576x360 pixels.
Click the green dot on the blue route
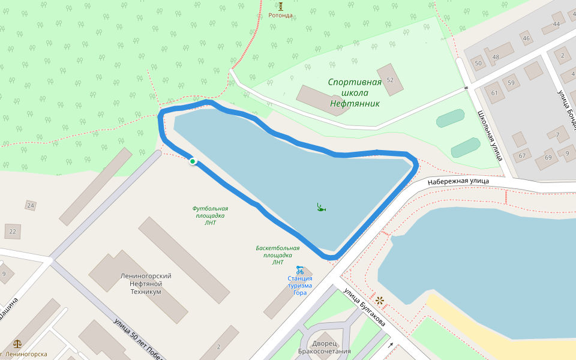(193, 161)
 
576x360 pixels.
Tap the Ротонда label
(280, 16)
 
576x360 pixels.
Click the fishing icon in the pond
(321, 207)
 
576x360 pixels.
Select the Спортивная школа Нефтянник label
(355, 92)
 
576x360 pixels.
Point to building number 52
(391, 80)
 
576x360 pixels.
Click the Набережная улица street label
(458, 181)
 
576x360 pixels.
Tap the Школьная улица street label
(490, 135)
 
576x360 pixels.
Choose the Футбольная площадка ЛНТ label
(210, 215)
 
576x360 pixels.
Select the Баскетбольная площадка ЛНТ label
(277, 254)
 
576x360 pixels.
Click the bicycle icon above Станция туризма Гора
(299, 270)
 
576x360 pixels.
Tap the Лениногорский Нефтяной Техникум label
(146, 283)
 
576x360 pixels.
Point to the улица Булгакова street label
(364, 308)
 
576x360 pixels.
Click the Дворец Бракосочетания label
(324, 347)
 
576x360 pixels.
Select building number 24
(31, 206)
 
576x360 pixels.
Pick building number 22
(13, 230)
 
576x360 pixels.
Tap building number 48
(496, 57)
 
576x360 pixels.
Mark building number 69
(547, 157)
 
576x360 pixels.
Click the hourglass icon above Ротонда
(280, 6)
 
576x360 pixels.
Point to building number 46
(526, 39)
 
